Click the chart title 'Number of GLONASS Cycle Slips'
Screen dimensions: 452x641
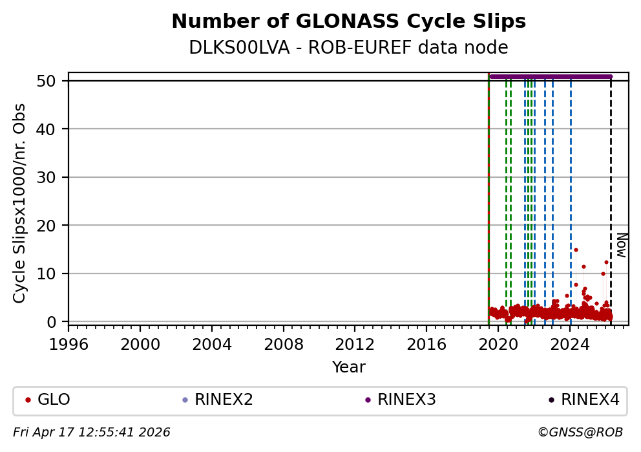click(x=348, y=22)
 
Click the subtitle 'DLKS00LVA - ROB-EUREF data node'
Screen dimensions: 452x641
click(x=348, y=48)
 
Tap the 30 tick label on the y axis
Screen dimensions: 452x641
click(x=55, y=177)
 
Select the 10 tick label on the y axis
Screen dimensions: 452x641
click(x=55, y=274)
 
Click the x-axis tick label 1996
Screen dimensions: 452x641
click(x=68, y=344)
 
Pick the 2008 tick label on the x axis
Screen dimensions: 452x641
click(x=283, y=344)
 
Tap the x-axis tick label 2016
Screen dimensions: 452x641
click(x=426, y=344)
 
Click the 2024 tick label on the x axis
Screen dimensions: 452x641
click(x=569, y=344)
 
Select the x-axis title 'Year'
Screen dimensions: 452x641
click(x=348, y=367)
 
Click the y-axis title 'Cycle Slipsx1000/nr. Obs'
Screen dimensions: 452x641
click(x=20, y=202)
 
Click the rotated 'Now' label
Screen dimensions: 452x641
click(x=621, y=245)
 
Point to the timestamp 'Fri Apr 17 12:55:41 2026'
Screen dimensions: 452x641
click(x=92, y=433)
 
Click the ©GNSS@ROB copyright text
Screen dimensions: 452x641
click(x=580, y=433)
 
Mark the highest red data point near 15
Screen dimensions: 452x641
click(x=576, y=250)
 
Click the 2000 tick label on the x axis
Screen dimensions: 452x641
click(x=140, y=344)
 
